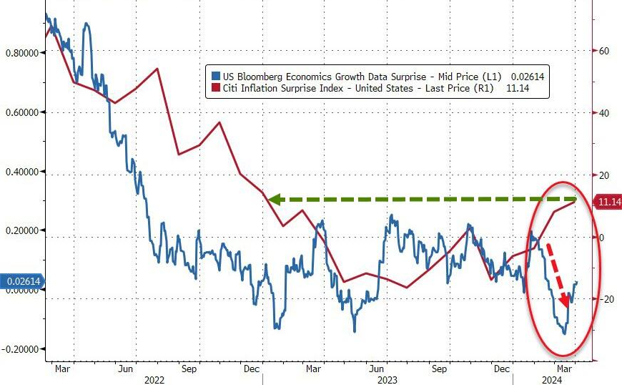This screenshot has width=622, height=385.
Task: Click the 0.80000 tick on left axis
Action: click(22, 53)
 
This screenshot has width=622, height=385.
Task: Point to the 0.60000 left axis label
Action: click(22, 112)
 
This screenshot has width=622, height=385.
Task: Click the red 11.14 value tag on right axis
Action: click(608, 203)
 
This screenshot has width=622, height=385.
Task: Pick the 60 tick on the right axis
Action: click(603, 51)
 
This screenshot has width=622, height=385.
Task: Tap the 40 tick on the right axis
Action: click(603, 113)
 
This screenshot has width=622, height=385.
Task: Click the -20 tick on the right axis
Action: click(605, 299)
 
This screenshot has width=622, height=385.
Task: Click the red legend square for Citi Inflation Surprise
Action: click(214, 89)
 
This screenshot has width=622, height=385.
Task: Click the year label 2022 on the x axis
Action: click(155, 380)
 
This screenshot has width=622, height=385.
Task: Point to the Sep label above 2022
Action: click(189, 369)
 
